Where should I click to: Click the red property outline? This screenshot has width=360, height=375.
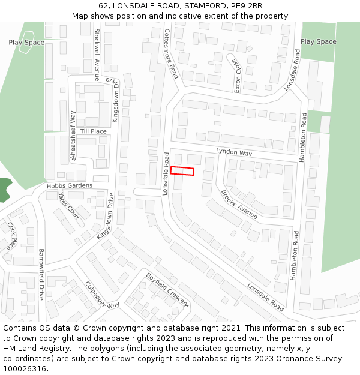182,171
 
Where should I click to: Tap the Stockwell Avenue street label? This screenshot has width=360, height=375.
97,53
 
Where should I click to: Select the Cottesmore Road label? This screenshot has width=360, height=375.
171,54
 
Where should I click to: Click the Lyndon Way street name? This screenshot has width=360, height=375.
234,153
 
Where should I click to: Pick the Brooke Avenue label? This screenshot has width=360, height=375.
239,204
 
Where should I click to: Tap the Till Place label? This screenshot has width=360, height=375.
93,131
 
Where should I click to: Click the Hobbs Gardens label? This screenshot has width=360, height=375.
70,186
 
